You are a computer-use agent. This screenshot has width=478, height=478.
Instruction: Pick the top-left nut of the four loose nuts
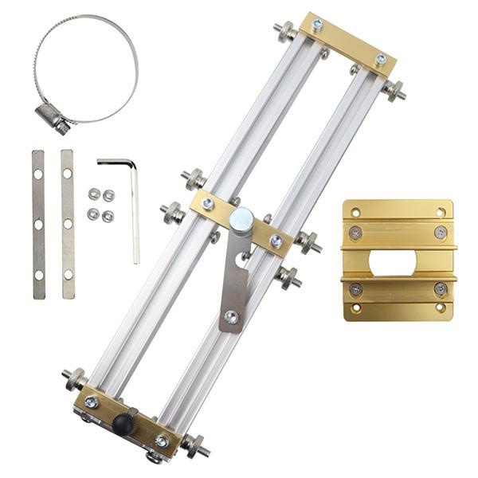(x=94, y=194)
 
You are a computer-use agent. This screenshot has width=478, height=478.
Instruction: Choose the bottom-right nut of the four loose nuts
(x=108, y=216)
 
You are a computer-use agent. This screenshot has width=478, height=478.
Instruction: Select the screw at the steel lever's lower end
(x=231, y=317)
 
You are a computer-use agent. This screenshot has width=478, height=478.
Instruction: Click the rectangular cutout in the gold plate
(x=397, y=263)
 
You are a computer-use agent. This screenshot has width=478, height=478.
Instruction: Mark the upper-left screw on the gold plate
(x=355, y=233)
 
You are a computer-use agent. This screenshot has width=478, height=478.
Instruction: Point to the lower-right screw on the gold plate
(x=440, y=289)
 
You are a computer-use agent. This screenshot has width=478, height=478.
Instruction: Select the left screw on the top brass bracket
(x=318, y=25)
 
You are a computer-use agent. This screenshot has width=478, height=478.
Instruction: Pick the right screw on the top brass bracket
(x=381, y=59)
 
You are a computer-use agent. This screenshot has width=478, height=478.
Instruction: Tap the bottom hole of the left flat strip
(x=38, y=275)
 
